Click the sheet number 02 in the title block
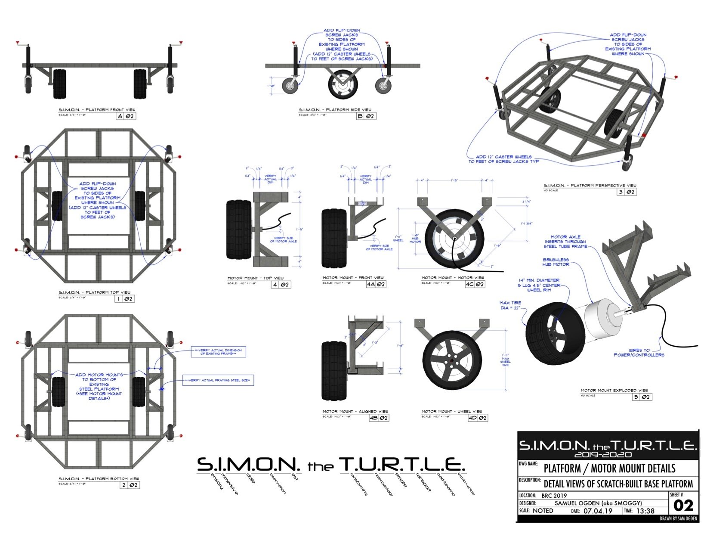point(683,505)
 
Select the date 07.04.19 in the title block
point(598,511)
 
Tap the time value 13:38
point(644,511)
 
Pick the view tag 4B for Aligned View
point(373,418)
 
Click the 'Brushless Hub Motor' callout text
point(556,262)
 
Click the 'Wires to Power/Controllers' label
point(639,352)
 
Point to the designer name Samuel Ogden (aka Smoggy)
point(598,503)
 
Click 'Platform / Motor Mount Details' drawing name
point(609,468)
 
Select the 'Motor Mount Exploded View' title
point(614,390)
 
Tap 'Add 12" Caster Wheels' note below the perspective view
point(503,159)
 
